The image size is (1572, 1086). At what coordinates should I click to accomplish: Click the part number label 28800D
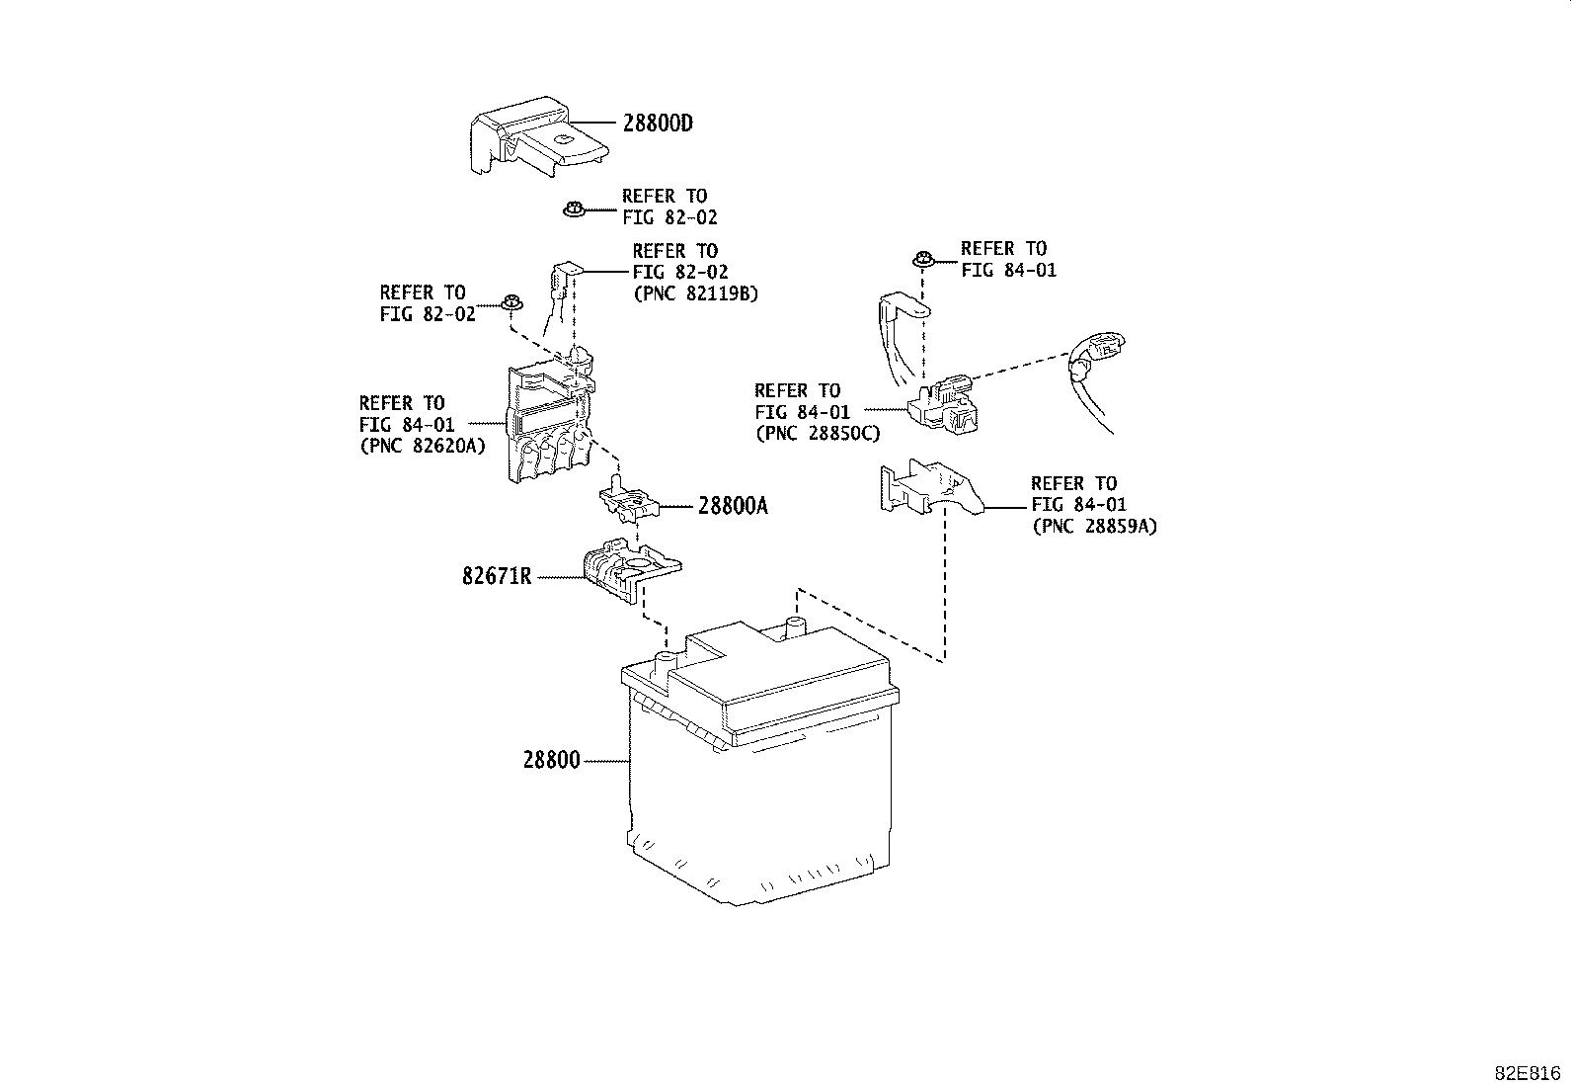coord(658,124)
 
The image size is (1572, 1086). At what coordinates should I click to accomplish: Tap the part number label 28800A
coord(733,506)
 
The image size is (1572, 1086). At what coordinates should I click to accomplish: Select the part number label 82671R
coord(497,577)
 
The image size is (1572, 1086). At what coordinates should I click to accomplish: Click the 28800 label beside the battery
coord(552,760)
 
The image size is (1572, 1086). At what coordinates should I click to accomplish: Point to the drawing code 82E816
coord(1528,1074)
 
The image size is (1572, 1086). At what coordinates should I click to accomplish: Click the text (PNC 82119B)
coord(696,293)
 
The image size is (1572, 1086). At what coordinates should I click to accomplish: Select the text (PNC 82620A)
coord(423,446)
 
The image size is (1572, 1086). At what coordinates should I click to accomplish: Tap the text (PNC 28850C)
coord(818,434)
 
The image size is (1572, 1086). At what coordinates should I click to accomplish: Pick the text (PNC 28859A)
coord(1095,526)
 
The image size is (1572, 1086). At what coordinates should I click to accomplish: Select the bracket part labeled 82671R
coord(632,569)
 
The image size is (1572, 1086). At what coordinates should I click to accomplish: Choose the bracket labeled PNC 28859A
coord(930,487)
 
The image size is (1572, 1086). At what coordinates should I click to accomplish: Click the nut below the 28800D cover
coord(574,209)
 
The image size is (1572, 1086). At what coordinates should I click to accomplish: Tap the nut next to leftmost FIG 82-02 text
coord(511,302)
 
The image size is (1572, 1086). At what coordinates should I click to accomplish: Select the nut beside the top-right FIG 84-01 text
coord(923,259)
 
